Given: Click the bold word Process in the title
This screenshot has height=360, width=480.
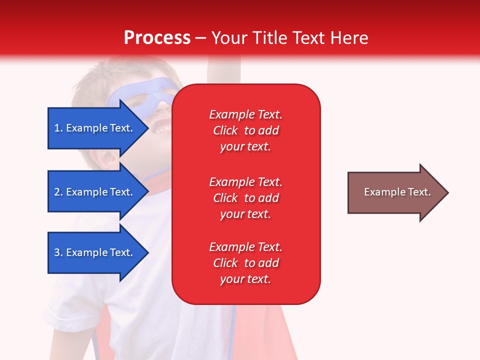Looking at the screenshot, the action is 157,38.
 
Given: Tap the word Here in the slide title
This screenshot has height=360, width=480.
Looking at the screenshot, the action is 349,38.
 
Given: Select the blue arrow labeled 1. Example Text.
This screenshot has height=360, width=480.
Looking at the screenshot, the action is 98,128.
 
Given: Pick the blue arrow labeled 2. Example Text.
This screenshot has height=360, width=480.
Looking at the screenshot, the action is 98,191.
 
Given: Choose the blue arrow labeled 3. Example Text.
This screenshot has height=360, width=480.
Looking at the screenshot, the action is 98,252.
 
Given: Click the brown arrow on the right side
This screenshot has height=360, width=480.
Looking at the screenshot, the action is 398,192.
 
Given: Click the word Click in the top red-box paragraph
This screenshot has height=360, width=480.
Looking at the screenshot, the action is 225,130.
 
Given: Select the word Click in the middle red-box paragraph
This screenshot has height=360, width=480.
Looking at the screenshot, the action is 225,198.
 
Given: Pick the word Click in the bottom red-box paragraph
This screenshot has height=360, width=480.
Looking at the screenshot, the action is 225,263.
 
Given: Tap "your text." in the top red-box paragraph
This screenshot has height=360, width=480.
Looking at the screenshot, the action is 245,147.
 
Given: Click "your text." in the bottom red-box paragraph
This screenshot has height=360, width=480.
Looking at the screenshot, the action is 245,279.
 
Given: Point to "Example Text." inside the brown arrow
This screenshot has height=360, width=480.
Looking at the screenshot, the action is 397,192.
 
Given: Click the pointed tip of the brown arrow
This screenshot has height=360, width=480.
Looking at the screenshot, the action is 448,192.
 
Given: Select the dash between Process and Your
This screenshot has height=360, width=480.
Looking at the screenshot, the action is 200,39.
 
